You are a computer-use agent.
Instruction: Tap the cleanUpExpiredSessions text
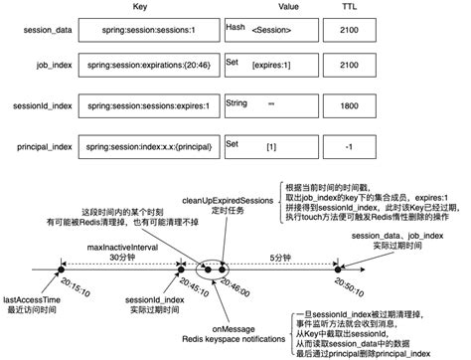(x=232, y=201)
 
